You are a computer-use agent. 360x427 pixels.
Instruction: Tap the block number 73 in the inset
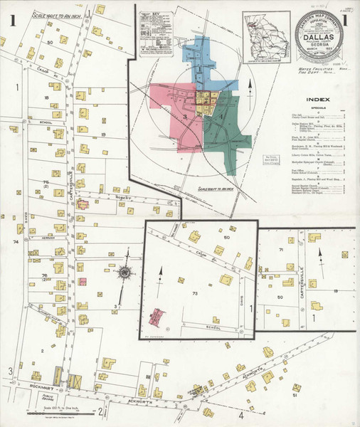pos(194,292)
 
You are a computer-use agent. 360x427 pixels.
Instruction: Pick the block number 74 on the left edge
pos(14,242)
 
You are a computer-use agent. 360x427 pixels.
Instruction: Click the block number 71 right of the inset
pos(282,251)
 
